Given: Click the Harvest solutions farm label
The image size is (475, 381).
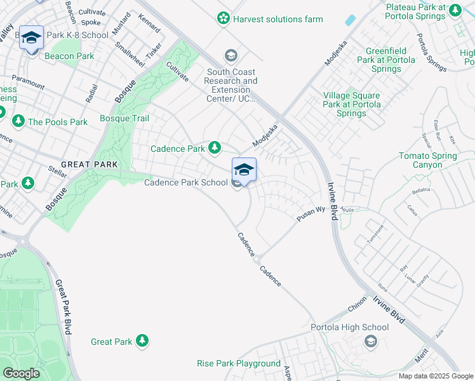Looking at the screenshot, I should [x=278, y=19].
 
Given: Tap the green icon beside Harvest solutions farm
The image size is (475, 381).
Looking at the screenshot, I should [x=224, y=18].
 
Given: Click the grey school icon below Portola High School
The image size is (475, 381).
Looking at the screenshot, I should [x=370, y=342].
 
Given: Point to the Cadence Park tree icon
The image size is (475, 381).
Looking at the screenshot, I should [x=215, y=148].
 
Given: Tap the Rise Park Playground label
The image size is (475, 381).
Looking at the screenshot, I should [x=239, y=364].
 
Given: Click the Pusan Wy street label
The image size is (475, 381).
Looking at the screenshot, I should [x=312, y=213].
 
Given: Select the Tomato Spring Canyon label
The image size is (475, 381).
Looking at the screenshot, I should [x=428, y=160].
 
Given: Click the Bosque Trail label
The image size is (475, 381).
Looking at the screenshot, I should [x=124, y=119].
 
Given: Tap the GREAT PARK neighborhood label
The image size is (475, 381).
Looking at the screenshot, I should [x=90, y=164].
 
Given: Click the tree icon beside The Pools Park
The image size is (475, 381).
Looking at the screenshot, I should [x=18, y=121].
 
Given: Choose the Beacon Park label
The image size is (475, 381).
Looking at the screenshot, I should [x=69, y=56].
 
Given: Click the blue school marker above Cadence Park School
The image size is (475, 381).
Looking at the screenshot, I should [x=244, y=170].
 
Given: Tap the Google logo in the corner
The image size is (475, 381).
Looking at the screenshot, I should [x=21, y=373].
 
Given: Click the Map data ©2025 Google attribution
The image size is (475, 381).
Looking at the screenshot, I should [x=436, y=376].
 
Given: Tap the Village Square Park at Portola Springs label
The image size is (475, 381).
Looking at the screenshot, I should [x=352, y=104].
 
